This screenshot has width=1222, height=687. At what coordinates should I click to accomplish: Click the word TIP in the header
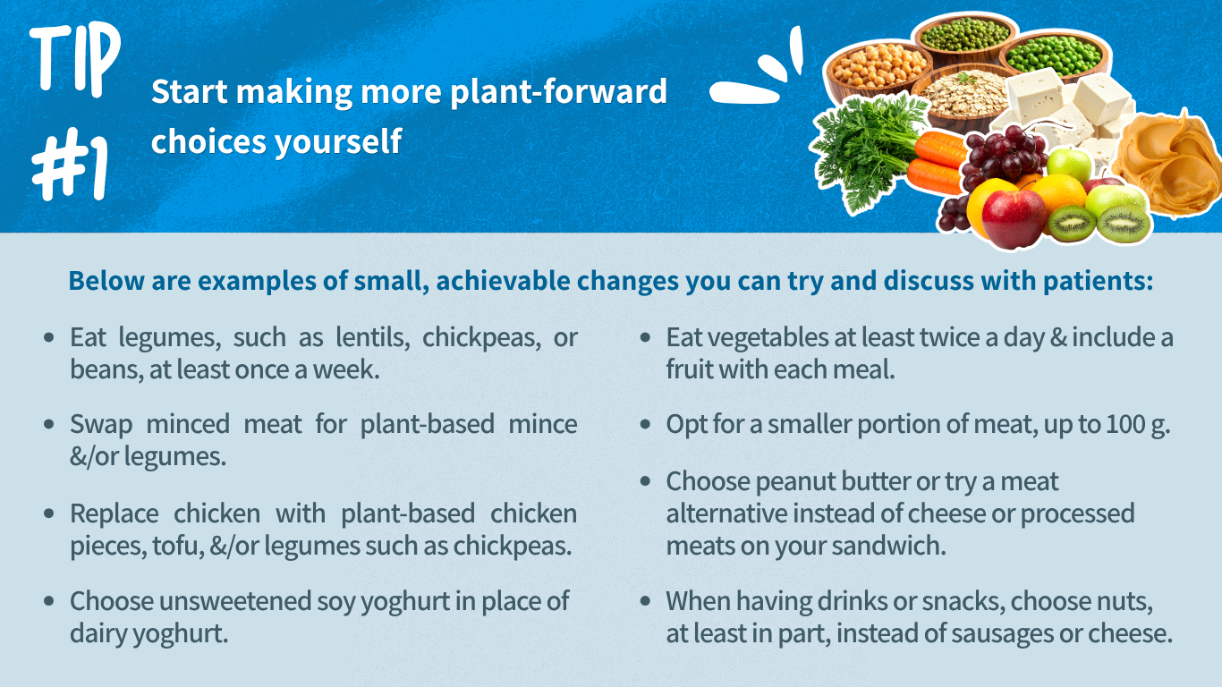(75, 57)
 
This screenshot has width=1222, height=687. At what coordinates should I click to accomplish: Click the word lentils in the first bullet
(378, 337)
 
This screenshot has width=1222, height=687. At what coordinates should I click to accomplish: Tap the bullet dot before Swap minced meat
(48, 424)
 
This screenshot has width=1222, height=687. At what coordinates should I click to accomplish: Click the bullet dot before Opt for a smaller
(645, 424)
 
